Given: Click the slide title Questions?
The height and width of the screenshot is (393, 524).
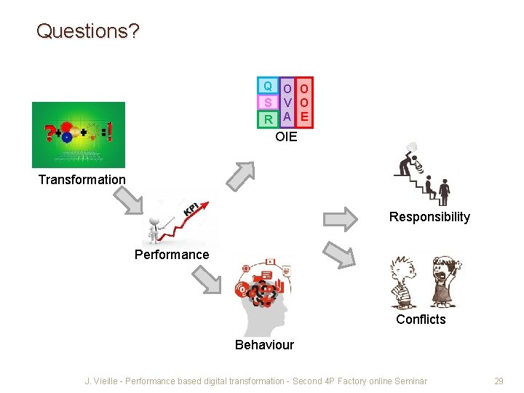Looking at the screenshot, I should (x=88, y=31).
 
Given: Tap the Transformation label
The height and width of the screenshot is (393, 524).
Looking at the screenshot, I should (x=82, y=180).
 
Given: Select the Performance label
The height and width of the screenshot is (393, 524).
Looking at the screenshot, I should (x=172, y=255).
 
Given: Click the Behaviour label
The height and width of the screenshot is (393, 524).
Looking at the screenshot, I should (x=264, y=345).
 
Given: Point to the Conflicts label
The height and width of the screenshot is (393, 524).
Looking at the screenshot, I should (x=421, y=319).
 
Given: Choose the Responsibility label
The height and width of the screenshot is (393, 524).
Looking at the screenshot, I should (x=429, y=217).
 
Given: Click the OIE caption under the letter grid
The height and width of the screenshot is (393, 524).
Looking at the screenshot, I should (x=286, y=136).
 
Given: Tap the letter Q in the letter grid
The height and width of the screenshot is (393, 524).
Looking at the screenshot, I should (x=268, y=87).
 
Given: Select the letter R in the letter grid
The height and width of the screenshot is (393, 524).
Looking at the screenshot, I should (x=268, y=119).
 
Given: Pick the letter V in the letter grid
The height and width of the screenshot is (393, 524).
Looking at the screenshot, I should (x=287, y=103).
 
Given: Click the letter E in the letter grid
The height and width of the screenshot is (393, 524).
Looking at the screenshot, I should (x=305, y=116).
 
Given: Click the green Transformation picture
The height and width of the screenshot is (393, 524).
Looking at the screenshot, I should (x=79, y=135).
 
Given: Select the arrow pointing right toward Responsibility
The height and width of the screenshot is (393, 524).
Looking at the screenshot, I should (x=340, y=218).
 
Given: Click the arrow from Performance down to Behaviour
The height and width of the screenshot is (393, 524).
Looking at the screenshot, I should (x=206, y=279).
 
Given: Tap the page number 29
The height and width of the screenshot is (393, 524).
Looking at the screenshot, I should (x=499, y=381).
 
